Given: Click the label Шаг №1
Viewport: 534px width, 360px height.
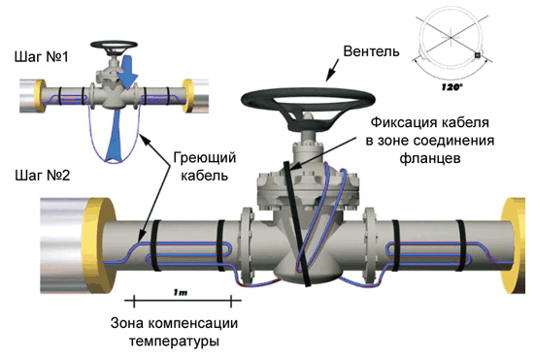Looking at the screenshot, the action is pyautogui.click(x=42, y=57).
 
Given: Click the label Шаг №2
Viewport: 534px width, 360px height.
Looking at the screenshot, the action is pyautogui.click(x=43, y=176).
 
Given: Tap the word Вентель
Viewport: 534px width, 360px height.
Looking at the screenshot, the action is pyautogui.click(x=371, y=51).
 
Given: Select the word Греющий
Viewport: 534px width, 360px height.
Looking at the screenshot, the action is pyautogui.click(x=205, y=158).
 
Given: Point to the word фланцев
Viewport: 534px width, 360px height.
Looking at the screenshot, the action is pyautogui.click(x=430, y=158).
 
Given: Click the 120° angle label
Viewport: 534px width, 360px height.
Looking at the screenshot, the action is pyautogui.click(x=451, y=87).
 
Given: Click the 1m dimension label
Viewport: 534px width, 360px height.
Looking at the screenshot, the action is pyautogui.click(x=181, y=292).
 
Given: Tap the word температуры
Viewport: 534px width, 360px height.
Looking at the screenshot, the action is pyautogui.click(x=174, y=341).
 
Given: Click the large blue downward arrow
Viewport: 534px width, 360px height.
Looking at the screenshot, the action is pyautogui.click(x=127, y=73).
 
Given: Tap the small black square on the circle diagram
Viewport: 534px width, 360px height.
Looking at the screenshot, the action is pyautogui.click(x=478, y=55).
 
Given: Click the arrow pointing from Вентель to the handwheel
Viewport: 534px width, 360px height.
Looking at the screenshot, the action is pyautogui.click(x=332, y=70).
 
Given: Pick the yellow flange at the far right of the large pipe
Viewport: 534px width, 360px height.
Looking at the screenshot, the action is pyautogui.click(x=514, y=245).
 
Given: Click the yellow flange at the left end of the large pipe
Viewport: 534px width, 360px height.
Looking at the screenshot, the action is pyautogui.click(x=99, y=245).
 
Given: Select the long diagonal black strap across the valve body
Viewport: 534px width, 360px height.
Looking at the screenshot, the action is pyautogui.click(x=297, y=224).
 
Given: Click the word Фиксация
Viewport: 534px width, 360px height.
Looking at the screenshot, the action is pyautogui.click(x=400, y=122).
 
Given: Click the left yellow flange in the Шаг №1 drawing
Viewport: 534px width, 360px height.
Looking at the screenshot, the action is pyautogui.click(x=40, y=96).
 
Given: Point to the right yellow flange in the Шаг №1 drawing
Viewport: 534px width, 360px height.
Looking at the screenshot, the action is pyautogui.click(x=188, y=96).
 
